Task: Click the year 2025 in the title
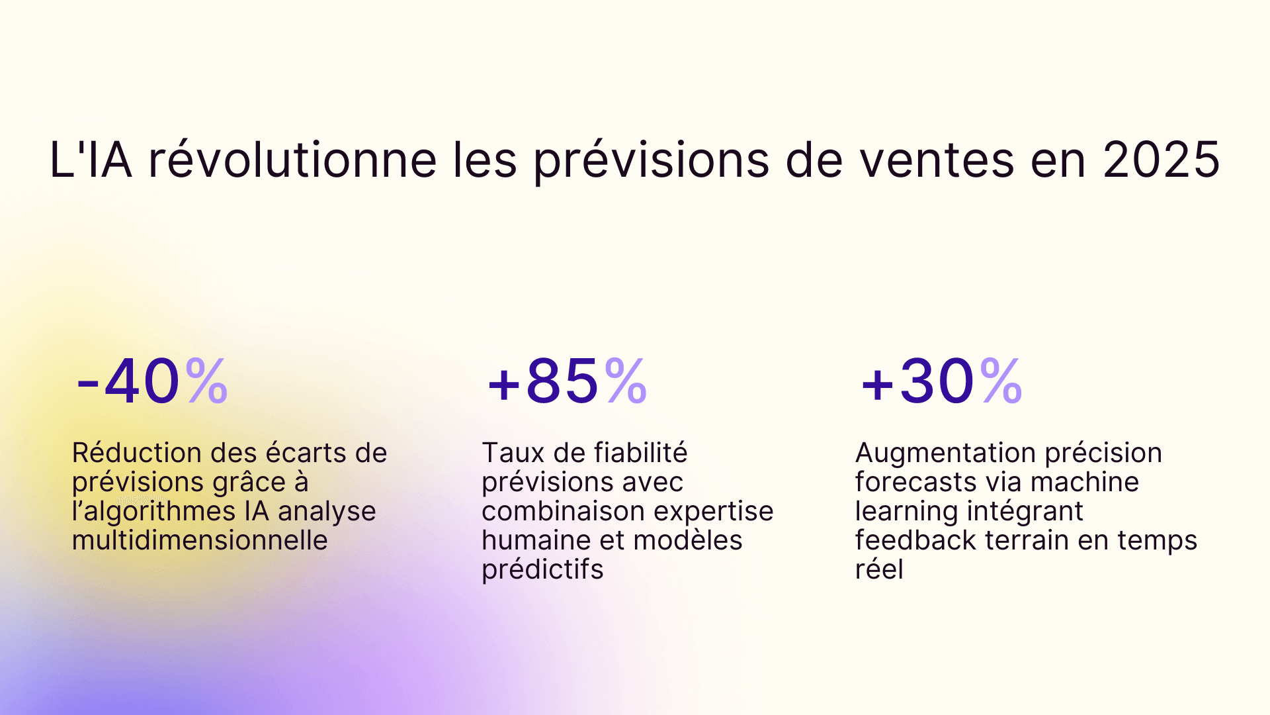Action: point(1161,160)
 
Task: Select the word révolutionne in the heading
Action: point(292,160)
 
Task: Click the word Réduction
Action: point(136,453)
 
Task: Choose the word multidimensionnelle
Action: point(200,540)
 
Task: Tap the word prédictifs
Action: point(542,569)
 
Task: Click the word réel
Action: point(879,569)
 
